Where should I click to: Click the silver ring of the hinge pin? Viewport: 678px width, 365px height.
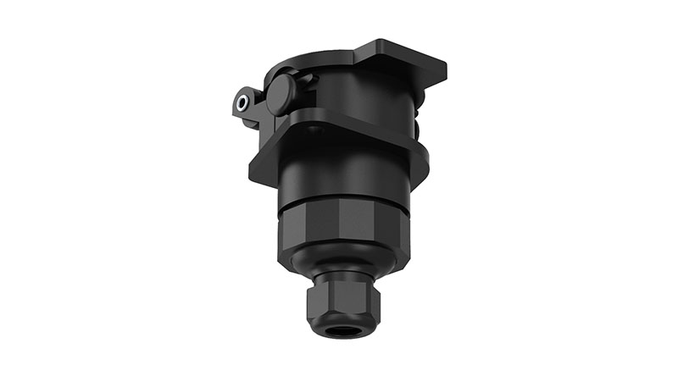[244, 103]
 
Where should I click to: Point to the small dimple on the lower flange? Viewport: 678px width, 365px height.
[315, 130]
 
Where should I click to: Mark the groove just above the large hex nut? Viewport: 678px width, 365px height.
[343, 206]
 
